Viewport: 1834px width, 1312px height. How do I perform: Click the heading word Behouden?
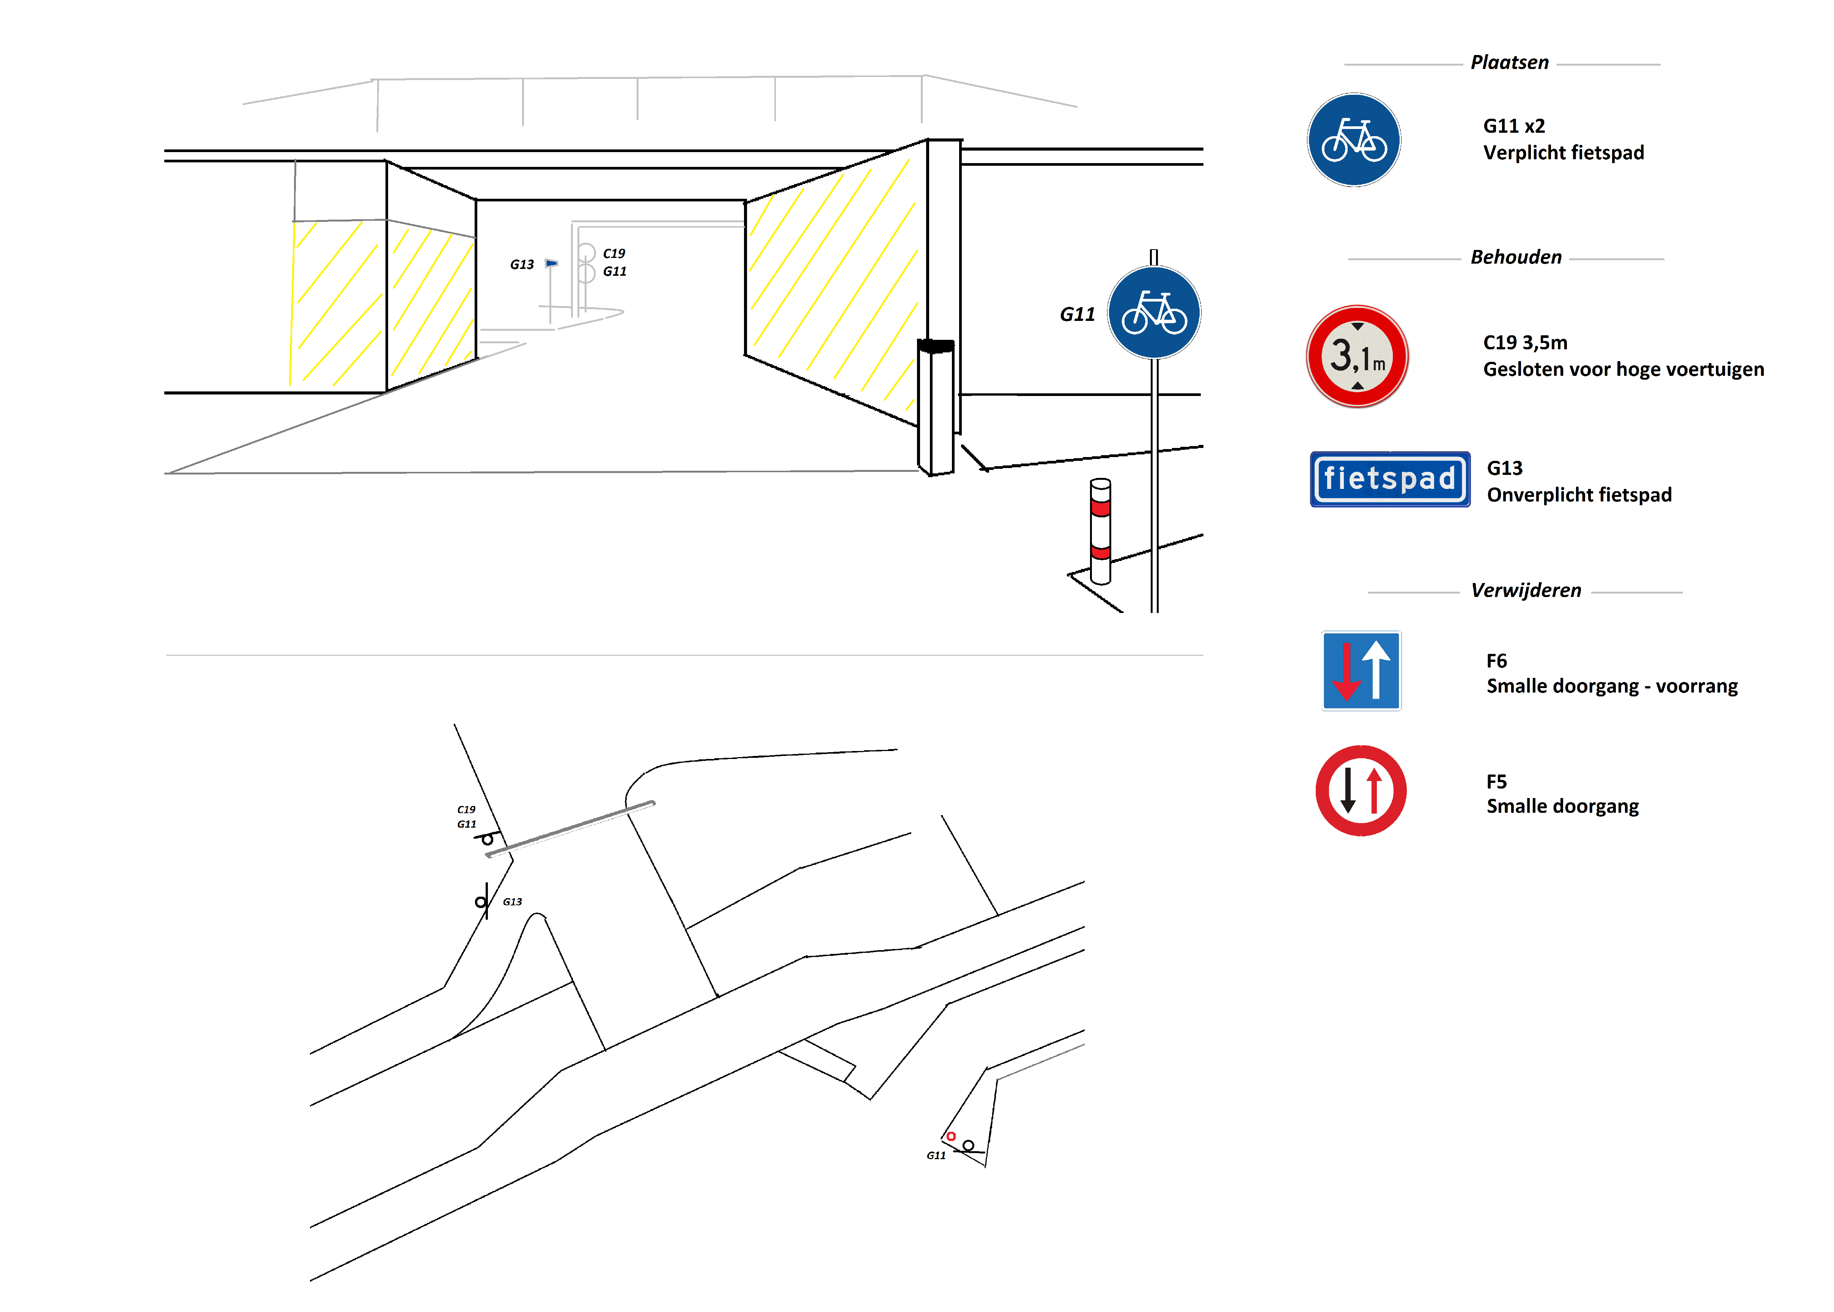[x=1516, y=257]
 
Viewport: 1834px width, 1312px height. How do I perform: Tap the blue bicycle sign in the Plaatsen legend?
[x=1354, y=140]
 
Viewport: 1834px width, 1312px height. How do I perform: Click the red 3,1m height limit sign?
[x=1357, y=356]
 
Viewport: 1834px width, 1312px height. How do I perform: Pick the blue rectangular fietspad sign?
[x=1390, y=479]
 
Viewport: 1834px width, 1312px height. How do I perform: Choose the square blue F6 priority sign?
[x=1361, y=671]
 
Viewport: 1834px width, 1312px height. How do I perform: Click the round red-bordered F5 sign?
[x=1361, y=790]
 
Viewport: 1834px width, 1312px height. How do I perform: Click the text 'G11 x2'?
[x=1514, y=126]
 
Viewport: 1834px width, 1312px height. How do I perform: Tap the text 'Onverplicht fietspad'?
[x=1579, y=495]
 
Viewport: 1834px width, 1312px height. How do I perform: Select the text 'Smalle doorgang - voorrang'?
[x=1612, y=686]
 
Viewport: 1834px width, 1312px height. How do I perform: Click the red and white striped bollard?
[x=1100, y=531]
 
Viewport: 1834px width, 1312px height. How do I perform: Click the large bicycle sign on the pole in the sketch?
[x=1154, y=313]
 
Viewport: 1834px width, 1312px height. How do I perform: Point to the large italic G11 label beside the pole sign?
[x=1077, y=314]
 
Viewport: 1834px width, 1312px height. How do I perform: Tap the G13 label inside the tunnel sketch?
[x=522, y=264]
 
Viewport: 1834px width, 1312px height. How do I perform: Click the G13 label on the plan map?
[x=512, y=902]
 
